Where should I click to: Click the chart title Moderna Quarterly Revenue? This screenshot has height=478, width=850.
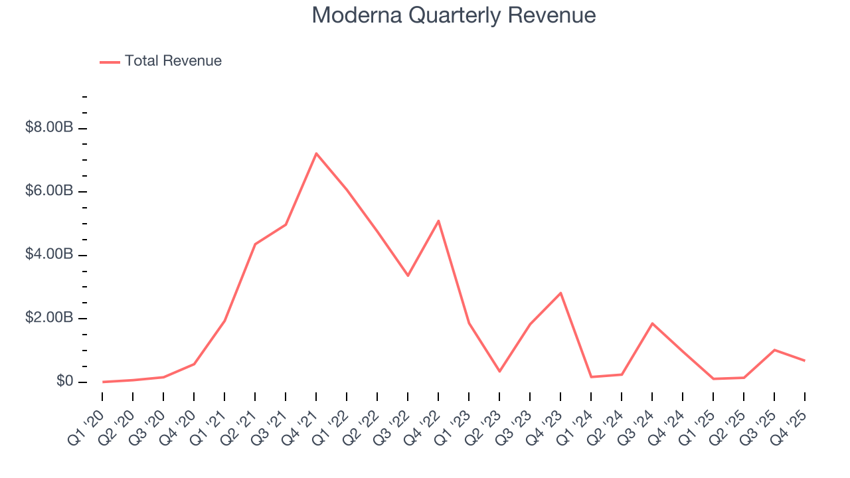click(x=454, y=16)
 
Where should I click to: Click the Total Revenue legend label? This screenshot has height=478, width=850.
click(x=173, y=61)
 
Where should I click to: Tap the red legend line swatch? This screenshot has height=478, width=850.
click(x=110, y=62)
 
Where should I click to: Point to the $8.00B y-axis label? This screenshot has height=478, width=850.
click(x=48, y=128)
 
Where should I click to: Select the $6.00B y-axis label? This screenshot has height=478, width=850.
click(x=48, y=191)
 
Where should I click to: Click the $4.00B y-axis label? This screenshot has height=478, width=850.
click(x=48, y=255)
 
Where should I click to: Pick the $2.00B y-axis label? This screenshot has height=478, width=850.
click(x=48, y=319)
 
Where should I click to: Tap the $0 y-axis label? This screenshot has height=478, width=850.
click(x=64, y=382)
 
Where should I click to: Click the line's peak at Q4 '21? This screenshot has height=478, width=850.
click(x=316, y=153)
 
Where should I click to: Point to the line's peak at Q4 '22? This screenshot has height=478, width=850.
click(x=438, y=220)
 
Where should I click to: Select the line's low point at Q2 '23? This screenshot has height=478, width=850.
click(x=499, y=371)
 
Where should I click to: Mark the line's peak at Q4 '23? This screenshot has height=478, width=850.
click(x=560, y=293)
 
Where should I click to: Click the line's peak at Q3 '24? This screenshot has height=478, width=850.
click(x=652, y=323)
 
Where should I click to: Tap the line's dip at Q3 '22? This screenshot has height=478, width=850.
click(x=408, y=276)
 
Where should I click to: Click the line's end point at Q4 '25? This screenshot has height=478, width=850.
click(x=805, y=360)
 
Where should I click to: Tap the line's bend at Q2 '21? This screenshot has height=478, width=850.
click(x=255, y=244)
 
